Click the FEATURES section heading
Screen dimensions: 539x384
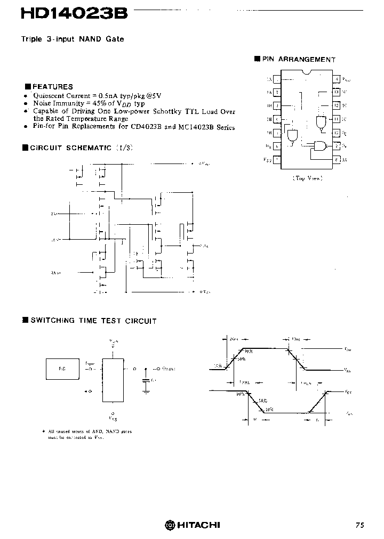point(52,86)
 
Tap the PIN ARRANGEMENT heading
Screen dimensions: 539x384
point(298,60)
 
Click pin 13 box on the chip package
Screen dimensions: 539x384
point(337,92)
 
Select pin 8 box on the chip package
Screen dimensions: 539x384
point(337,159)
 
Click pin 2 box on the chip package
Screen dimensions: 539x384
point(277,92)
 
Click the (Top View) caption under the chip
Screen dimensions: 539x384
point(307,178)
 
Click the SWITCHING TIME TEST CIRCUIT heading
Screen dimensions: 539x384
point(93,321)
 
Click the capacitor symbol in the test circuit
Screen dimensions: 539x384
point(146,380)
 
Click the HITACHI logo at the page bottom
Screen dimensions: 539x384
point(192,525)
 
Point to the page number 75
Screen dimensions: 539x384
point(360,525)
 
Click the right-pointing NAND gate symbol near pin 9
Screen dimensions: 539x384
point(319,146)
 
